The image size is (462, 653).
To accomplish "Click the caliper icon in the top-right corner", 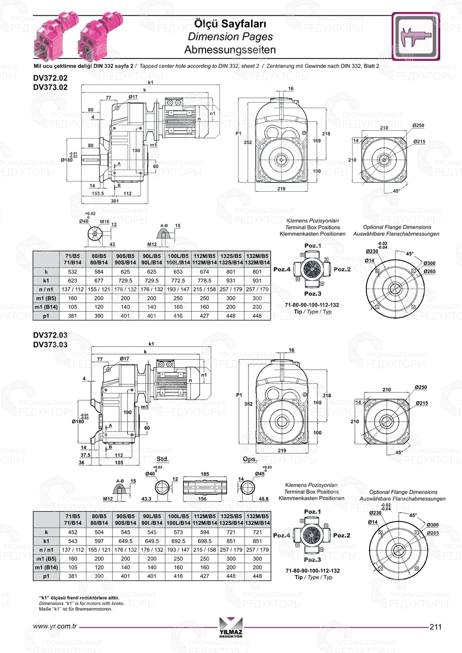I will click(415, 36).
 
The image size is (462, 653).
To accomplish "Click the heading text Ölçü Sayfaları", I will click(230, 24).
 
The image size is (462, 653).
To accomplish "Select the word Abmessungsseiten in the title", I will click(230, 50).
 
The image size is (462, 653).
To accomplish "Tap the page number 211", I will click(435, 627).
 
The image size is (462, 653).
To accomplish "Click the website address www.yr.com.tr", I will click(55, 627).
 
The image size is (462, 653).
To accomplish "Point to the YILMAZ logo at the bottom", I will click(231, 627).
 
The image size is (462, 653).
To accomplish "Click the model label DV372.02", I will click(50, 79).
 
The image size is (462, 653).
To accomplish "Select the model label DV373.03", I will click(50, 345).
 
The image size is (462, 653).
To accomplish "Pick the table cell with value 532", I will click(73, 272).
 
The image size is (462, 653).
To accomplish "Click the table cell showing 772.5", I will click(178, 281).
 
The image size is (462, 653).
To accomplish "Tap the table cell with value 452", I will click(73, 532).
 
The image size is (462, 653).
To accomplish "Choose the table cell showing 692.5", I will click(178, 541).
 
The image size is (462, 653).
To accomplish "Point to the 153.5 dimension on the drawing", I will click(98, 193).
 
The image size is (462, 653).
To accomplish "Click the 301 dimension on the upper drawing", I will click(115, 201).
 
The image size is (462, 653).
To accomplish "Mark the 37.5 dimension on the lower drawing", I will click(85, 455).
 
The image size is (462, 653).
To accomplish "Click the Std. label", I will click(163, 459).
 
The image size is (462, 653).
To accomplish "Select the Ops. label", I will click(250, 459).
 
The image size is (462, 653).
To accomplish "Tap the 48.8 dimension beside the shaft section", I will click(263, 499).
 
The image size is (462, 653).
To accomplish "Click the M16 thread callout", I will click(105, 222).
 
